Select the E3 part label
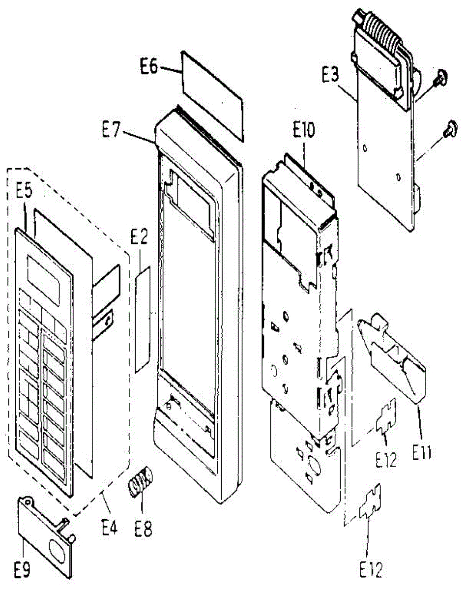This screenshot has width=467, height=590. pyautogui.click(x=330, y=76)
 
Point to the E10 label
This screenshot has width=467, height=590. pyautogui.click(x=304, y=131)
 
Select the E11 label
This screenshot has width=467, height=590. pyautogui.click(x=421, y=451)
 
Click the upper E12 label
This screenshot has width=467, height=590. pyautogui.click(x=386, y=460)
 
